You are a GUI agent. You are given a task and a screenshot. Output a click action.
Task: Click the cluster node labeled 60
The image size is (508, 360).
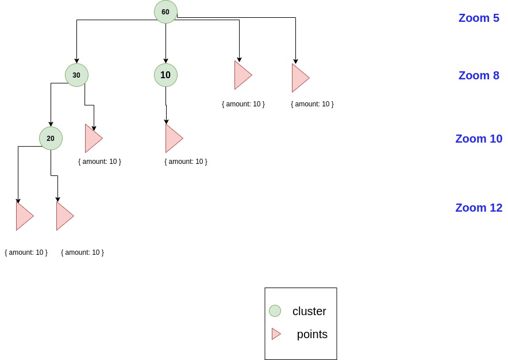(166, 12)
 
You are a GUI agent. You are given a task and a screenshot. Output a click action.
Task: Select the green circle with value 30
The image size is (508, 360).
(76, 75)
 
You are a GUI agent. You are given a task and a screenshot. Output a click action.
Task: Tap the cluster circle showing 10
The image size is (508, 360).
(166, 75)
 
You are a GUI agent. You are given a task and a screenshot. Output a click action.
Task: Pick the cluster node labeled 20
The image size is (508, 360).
(51, 138)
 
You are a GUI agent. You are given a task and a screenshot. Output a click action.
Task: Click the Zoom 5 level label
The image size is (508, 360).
(478, 18)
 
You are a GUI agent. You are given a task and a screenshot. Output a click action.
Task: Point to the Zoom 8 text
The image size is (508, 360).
(478, 75)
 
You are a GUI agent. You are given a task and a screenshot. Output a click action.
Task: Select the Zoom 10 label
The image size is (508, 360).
(478, 139)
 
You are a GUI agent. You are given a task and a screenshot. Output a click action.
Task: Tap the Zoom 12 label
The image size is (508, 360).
(478, 208)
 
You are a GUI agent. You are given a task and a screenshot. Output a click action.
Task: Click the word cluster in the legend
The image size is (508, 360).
(309, 311)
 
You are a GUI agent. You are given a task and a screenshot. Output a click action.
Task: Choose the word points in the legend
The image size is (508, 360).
(312, 334)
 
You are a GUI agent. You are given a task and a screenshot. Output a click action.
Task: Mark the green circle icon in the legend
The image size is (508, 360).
(275, 311)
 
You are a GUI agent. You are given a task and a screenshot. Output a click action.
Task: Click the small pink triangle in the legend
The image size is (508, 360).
(276, 334)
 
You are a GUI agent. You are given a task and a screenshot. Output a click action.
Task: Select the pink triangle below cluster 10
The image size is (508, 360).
(172, 138)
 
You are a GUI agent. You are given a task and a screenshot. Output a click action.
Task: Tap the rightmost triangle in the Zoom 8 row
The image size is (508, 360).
(299, 78)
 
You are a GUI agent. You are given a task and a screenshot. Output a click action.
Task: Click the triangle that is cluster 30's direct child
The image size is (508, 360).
(92, 138)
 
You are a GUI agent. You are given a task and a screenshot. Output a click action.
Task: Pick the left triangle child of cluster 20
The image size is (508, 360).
(23, 216)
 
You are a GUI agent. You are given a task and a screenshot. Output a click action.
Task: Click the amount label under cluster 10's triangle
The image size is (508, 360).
(186, 162)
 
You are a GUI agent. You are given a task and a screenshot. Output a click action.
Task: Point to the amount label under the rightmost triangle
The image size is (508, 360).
(312, 104)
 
